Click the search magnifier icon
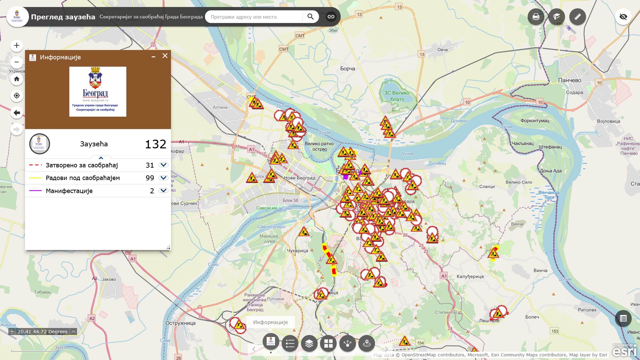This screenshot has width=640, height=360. click(310, 17)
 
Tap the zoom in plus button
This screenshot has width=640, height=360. click(17, 46)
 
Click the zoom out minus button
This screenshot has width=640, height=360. click(17, 62)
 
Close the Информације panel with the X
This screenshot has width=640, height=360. click(165, 56)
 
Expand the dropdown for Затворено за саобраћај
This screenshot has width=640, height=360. click(163, 165)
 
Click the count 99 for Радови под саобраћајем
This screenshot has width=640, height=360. click(150, 178)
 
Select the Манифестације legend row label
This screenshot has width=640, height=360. click(69, 191)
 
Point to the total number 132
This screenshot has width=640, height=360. click(155, 144)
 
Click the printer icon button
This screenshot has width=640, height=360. click(536, 17)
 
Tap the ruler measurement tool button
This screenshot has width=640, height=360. click(577, 17)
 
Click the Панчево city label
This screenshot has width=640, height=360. click(569, 80)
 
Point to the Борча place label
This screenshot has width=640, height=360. click(347, 69)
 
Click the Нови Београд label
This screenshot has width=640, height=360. click(299, 178)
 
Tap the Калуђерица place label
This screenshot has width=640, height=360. click(470, 277)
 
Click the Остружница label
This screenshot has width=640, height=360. click(180, 323)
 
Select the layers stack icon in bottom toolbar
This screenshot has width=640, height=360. click(309, 343)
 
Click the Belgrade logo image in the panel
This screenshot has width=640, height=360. click(98, 92)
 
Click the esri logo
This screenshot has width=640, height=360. click(624, 351)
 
